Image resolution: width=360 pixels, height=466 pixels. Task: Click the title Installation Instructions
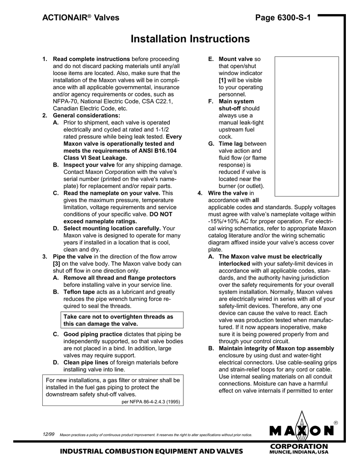coord(190,39)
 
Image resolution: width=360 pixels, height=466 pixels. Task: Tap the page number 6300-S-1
coord(283,18)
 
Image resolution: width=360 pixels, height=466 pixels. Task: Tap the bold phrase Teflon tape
coord(79,292)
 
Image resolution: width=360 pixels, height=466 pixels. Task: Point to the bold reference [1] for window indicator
coord(223,80)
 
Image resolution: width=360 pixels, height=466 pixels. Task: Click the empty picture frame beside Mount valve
coord(306,123)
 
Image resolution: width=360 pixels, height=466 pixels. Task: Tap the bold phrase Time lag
coord(231,144)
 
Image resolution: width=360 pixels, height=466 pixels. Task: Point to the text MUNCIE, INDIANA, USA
coord(299,453)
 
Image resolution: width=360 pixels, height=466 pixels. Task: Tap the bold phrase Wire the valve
coord(228,193)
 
